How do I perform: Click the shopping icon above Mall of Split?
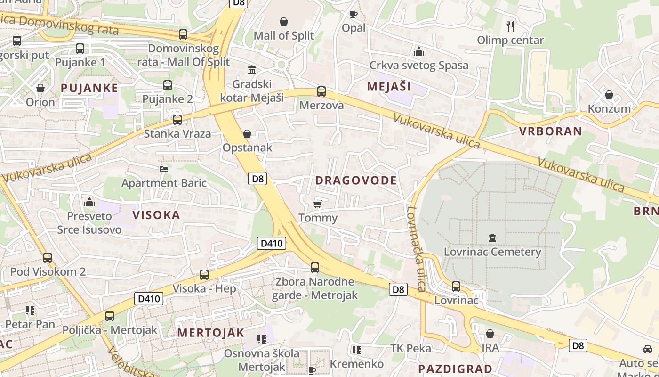click(284, 22)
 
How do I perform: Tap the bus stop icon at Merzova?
click(321, 91)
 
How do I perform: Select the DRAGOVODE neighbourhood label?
click(356, 180)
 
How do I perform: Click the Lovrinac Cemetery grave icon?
click(492, 238)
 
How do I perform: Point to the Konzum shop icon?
click(609, 95)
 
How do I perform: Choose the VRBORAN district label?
click(550, 131)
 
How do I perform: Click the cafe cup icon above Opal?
click(353, 14)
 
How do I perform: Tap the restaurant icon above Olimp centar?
click(510, 25)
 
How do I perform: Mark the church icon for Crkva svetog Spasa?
click(418, 51)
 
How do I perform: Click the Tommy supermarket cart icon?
click(318, 204)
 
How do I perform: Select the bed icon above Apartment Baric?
click(164, 169)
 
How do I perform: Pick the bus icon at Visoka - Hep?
click(204, 274)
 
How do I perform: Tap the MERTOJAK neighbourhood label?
click(210, 333)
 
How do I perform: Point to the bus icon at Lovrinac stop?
click(456, 286)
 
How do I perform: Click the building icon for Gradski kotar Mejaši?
click(252, 70)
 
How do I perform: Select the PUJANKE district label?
click(89, 88)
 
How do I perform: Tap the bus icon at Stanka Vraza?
click(177, 120)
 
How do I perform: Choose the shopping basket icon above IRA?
click(490, 334)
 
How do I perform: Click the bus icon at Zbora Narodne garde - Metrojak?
click(314, 268)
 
